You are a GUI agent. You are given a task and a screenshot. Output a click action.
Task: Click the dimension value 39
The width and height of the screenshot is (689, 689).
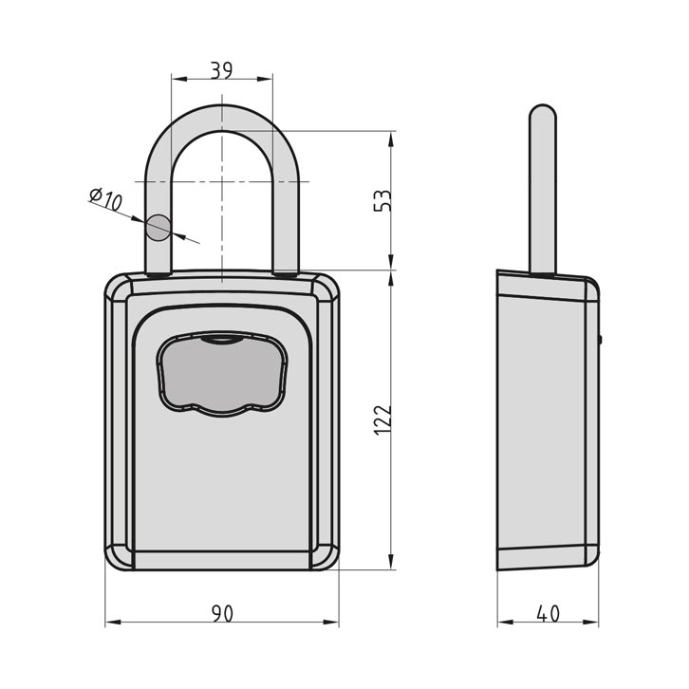tap(220, 70)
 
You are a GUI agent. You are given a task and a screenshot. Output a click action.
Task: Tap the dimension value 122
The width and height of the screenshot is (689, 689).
tap(382, 418)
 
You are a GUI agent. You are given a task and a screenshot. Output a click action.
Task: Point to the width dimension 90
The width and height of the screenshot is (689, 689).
tap(220, 613)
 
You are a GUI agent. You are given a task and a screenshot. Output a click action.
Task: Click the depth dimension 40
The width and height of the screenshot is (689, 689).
tap(548, 613)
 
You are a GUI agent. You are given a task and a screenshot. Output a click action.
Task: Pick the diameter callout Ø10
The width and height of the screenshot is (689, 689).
tap(106, 200)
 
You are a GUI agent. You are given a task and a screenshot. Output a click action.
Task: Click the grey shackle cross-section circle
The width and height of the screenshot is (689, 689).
tap(158, 227)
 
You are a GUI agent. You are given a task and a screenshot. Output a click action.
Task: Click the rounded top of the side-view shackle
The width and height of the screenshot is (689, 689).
tap(541, 116)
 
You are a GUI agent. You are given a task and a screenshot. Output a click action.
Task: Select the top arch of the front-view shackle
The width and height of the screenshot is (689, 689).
tap(220, 114)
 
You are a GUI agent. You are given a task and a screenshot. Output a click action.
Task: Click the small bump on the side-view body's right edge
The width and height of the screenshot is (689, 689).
tap(600, 337)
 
